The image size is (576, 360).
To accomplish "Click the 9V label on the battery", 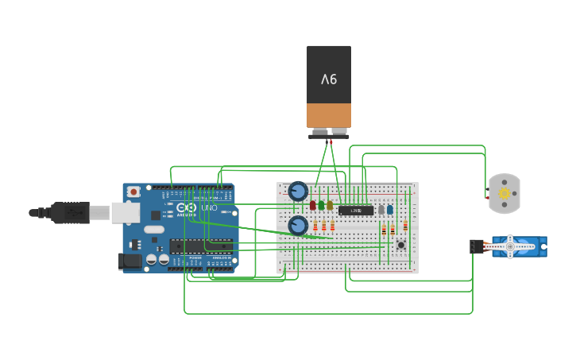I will (329, 79).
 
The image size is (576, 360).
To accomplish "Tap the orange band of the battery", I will (329, 114).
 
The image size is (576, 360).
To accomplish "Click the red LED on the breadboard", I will (313, 205).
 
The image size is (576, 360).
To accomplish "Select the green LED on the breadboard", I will (321, 205).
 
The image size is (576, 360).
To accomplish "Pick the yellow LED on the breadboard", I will (330, 205).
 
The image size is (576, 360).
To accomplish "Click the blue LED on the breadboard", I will (389, 210).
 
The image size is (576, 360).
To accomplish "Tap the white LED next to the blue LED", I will (381, 210).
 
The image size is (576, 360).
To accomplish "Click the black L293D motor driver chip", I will (356, 211).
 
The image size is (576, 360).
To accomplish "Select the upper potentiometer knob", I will (298, 191).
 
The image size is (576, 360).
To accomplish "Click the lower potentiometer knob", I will (298, 226).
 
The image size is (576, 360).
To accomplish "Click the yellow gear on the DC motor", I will (504, 194).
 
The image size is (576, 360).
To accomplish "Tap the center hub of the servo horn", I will (510, 247).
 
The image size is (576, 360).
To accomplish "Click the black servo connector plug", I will (477, 246).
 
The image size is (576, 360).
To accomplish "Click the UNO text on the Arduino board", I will (209, 208).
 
